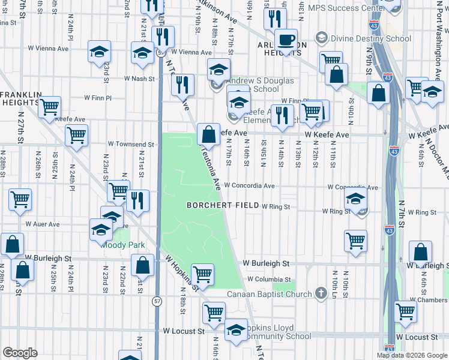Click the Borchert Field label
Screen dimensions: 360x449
[x=223, y=205]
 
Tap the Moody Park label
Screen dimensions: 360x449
[x=123, y=245]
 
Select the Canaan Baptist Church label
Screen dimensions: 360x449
[x=269, y=294]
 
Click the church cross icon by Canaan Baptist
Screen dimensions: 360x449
[x=321, y=293]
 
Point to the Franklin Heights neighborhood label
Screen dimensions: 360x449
[x=21, y=98]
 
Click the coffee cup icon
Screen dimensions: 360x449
[x=286, y=40]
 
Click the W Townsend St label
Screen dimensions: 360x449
[x=131, y=144]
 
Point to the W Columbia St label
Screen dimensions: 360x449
[x=268, y=279]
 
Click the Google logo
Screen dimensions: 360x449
[x=20, y=353]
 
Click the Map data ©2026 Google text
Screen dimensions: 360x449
[x=412, y=355]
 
